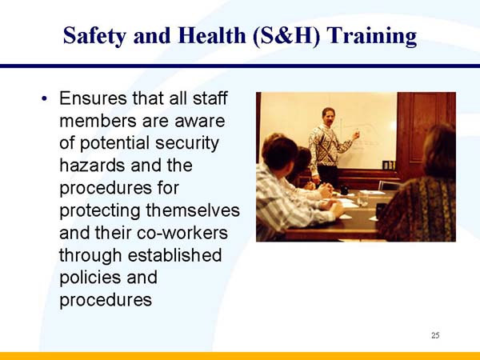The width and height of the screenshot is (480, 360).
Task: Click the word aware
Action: click(x=200, y=122)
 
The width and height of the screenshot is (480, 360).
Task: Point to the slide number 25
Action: click(x=435, y=334)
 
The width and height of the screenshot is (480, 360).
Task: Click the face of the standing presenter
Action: click(x=328, y=117)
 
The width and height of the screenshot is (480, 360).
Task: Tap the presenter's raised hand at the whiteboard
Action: click(x=356, y=135)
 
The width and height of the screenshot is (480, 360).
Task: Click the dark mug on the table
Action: click(x=344, y=190)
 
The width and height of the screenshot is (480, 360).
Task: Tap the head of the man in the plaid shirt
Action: click(x=280, y=153)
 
